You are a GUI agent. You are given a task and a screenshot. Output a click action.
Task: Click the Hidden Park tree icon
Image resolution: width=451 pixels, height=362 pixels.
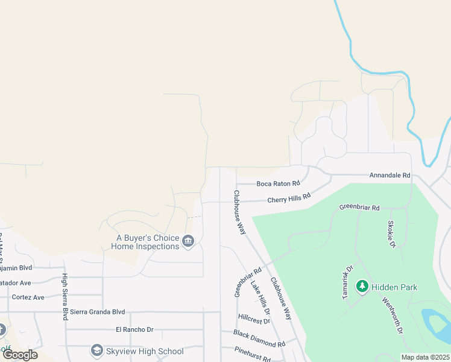(x=362, y=287)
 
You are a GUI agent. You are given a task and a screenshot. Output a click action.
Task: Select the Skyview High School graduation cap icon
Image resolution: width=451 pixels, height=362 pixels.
(x=96, y=351)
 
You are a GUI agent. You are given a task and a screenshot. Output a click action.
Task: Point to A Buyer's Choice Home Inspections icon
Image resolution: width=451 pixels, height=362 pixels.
(x=188, y=241)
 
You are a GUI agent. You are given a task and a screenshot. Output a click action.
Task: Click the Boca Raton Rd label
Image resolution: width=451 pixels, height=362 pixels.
(x=278, y=183)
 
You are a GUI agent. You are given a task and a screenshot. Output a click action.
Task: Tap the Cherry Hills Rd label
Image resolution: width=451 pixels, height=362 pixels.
(x=288, y=198)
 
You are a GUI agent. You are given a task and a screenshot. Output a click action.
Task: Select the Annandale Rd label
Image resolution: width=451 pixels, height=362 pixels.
(x=389, y=176)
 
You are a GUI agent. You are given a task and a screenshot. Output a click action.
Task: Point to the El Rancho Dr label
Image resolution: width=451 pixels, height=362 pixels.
(x=135, y=329)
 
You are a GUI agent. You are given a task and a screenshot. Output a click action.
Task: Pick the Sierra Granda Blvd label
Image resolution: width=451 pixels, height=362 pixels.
(x=97, y=312)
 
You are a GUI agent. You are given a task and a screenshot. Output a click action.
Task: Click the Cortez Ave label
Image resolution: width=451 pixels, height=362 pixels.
(x=28, y=297)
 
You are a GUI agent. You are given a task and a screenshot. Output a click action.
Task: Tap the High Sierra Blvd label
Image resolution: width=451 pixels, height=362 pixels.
(x=65, y=296)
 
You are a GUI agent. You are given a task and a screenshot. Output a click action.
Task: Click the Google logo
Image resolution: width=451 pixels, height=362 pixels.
(x=19, y=355)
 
